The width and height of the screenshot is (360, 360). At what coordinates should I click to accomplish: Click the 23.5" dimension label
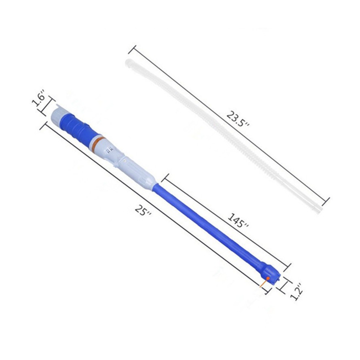[238, 119]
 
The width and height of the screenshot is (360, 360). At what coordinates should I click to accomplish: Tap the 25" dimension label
[143, 210]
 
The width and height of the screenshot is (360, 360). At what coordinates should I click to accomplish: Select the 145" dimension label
[238, 220]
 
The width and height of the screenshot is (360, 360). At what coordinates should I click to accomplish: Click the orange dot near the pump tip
[268, 278]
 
